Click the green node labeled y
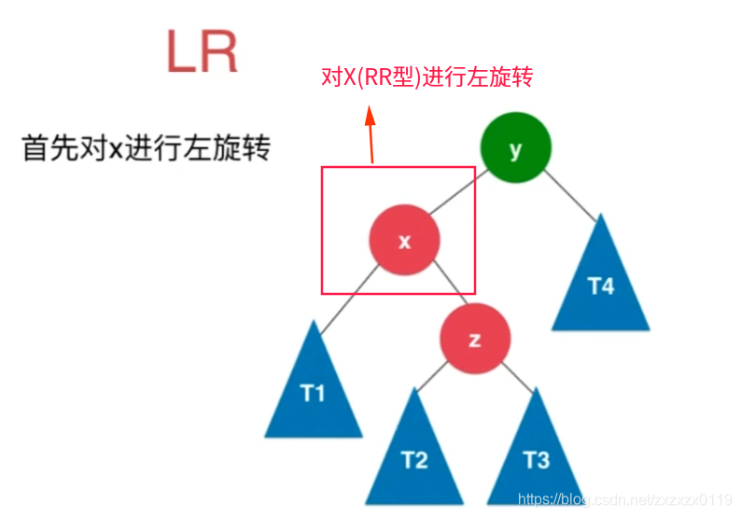[515, 150]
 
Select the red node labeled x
[404, 241]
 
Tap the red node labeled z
[475, 340]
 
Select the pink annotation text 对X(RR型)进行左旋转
[426, 77]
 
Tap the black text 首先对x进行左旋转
[146, 148]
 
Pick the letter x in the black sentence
[117, 149]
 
